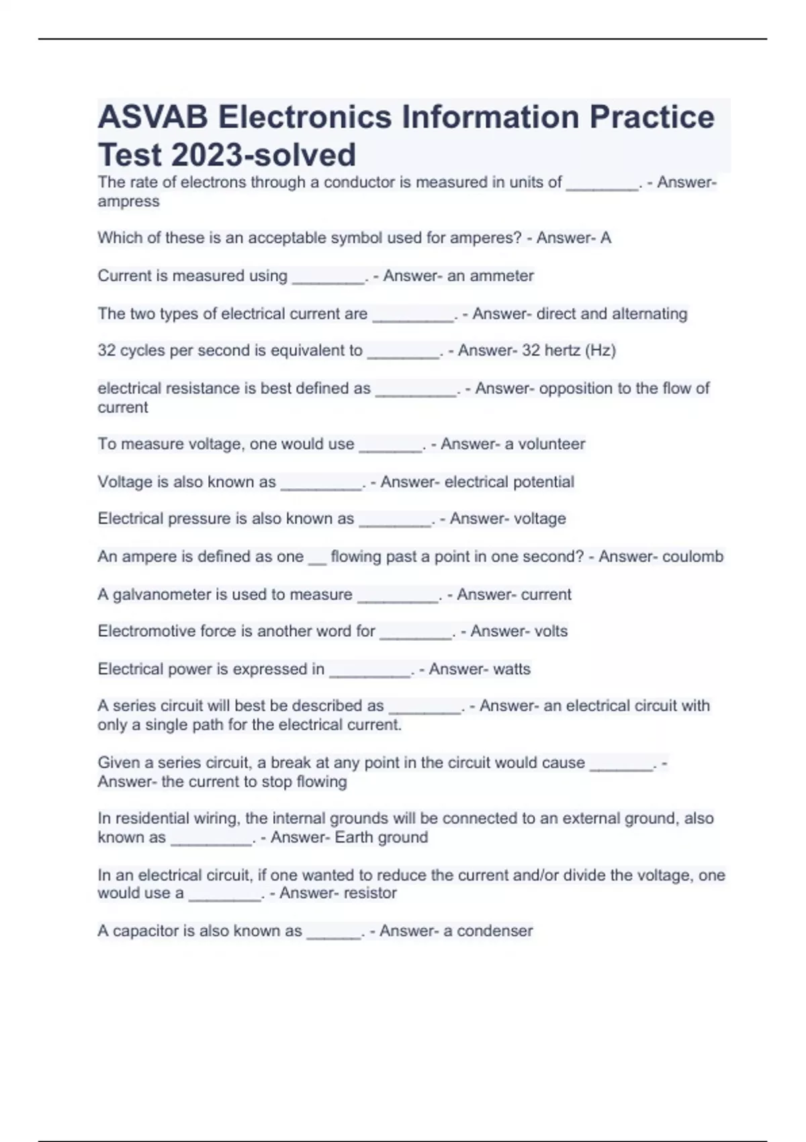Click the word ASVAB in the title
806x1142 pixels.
[152, 117]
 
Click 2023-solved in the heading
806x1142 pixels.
[263, 155]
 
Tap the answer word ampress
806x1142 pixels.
[128, 202]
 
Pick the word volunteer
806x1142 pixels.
[551, 444]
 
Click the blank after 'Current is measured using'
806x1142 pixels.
[328, 278]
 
